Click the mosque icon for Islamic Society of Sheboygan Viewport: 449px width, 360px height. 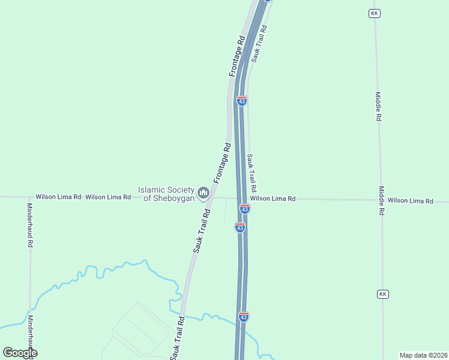point(203,193)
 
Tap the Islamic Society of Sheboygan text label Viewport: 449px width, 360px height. point(166,193)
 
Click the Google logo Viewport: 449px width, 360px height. point(20,353)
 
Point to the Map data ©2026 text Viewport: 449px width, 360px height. point(423,355)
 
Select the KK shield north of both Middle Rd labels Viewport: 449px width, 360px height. point(375,13)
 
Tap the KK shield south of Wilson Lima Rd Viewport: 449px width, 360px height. point(383,294)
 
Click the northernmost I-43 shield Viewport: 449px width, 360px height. point(241,101)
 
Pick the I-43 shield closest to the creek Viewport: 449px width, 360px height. point(243,316)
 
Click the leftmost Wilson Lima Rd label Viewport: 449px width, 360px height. point(58,197)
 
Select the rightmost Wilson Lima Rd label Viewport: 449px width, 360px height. point(410,200)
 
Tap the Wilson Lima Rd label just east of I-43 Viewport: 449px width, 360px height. point(273,199)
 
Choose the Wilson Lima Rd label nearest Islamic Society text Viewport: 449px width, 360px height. point(108,197)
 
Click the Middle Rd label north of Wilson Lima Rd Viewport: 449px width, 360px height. point(378,107)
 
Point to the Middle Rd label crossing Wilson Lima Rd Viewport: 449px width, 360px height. point(381,200)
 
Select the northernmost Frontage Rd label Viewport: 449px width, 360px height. point(238,56)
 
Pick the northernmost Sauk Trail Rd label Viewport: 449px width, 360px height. point(259,43)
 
